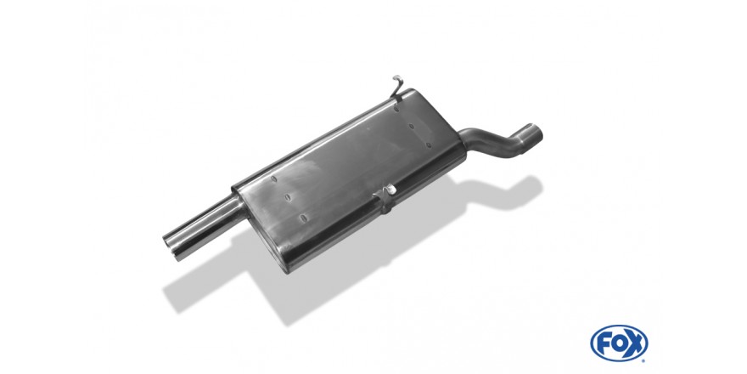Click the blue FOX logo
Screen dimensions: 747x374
(x=619, y=343)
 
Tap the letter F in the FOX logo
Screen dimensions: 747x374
(x=604, y=343)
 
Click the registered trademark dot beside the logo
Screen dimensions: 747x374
(x=645, y=360)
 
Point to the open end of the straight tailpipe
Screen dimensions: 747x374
(x=172, y=247)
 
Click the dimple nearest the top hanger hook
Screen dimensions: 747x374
(x=396, y=108)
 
